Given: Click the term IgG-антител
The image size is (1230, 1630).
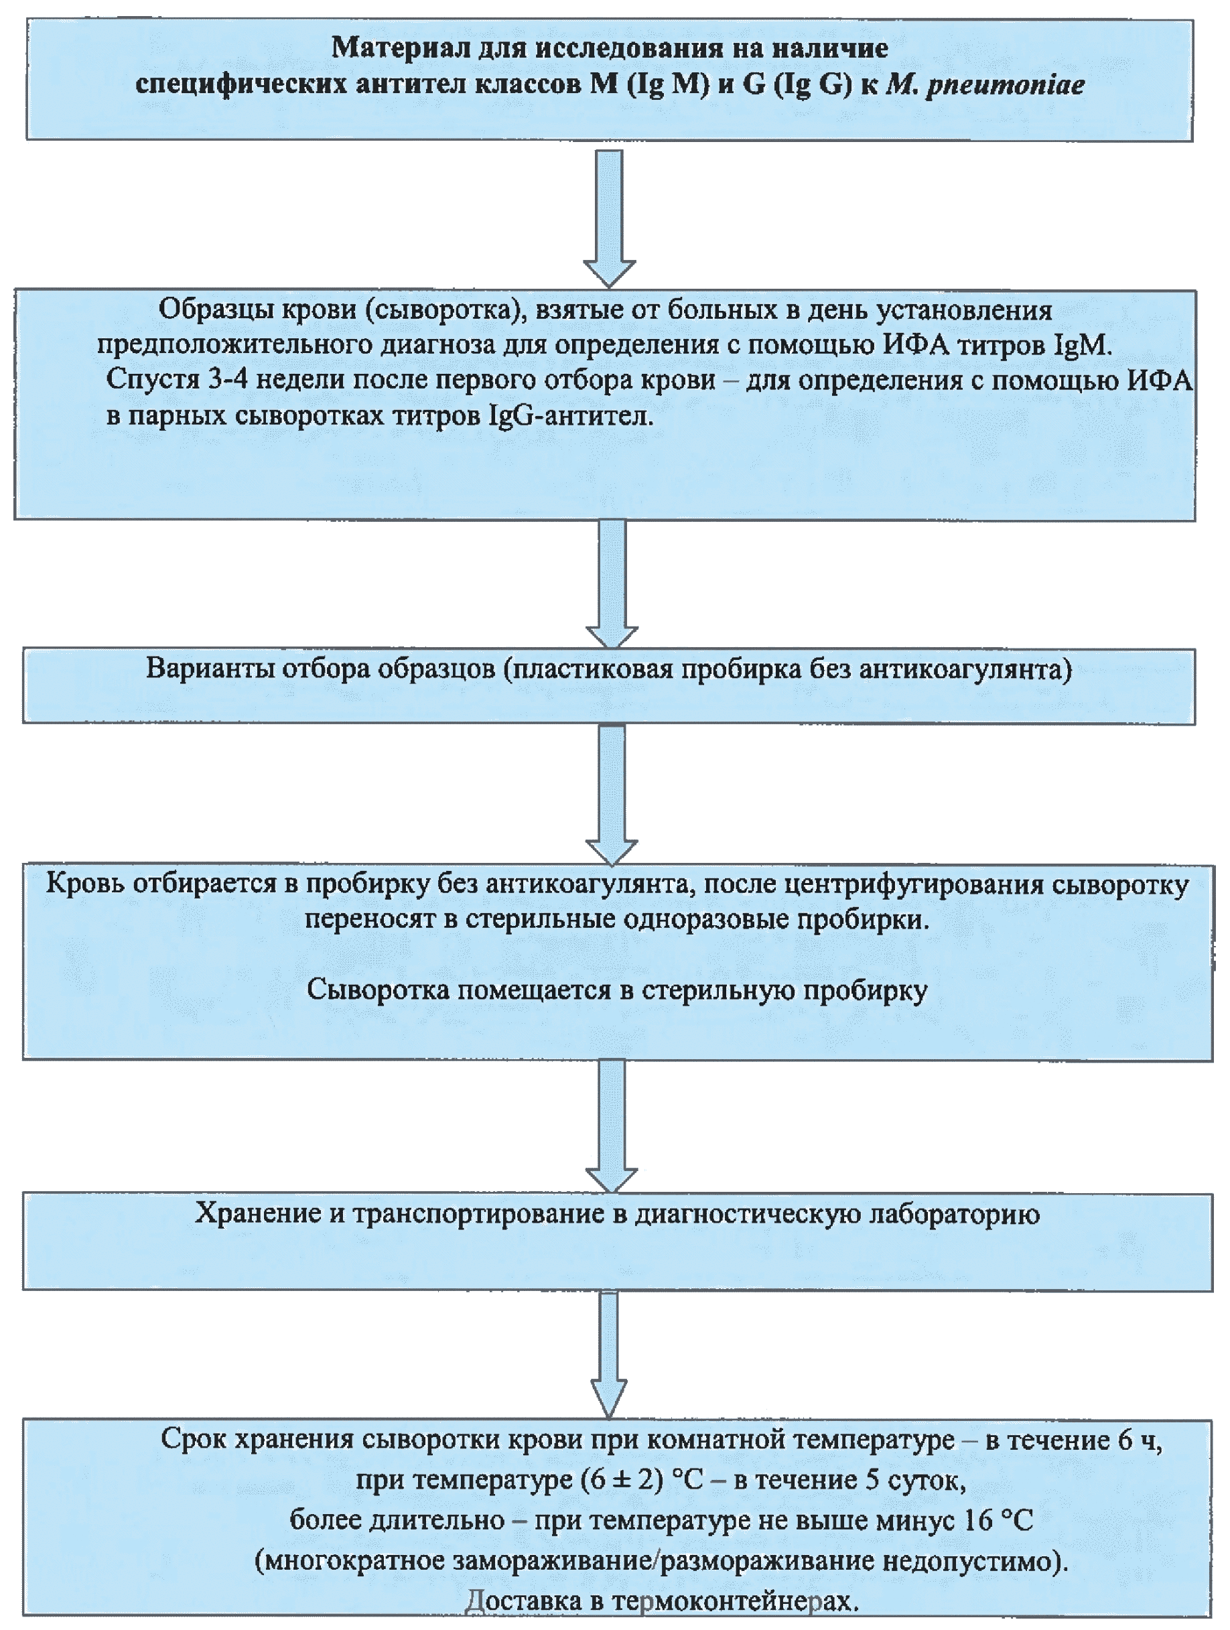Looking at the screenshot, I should [x=569, y=416].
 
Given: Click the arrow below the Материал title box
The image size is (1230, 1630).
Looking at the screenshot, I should [x=609, y=217].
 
